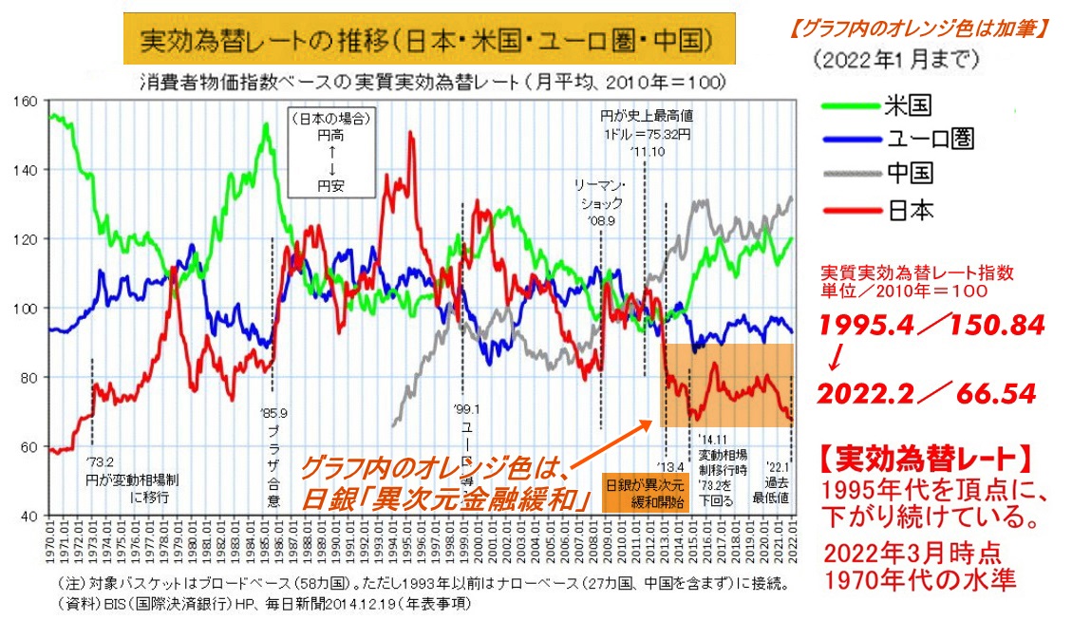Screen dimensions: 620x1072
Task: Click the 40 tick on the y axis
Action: click(x=27, y=516)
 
